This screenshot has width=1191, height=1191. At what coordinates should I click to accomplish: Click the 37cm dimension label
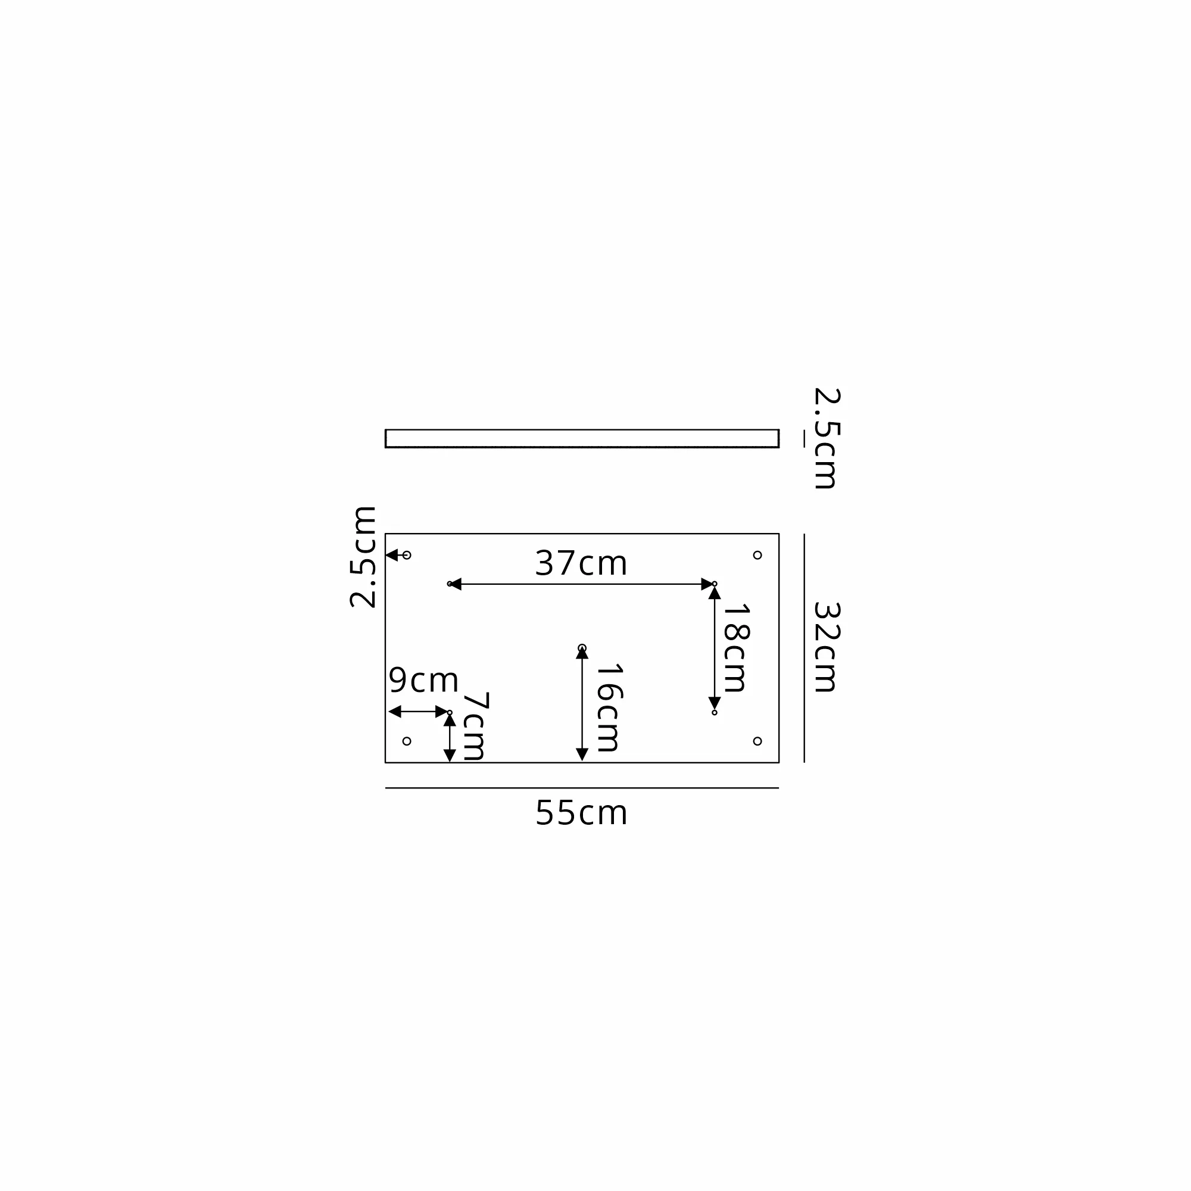click(x=581, y=563)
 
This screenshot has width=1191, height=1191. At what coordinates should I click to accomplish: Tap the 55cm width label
click(x=581, y=813)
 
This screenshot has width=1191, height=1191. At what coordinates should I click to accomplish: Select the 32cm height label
click(x=827, y=647)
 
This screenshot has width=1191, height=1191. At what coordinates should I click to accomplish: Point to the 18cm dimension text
click(x=735, y=648)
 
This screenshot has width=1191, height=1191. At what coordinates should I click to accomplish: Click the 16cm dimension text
click(x=609, y=707)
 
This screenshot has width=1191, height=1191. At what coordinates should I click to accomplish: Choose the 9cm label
click(x=423, y=680)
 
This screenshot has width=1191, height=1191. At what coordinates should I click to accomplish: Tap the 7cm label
click(x=475, y=726)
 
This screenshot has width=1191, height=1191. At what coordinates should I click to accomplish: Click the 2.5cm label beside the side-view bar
click(x=827, y=438)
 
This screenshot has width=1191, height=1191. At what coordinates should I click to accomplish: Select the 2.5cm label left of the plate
click(x=363, y=557)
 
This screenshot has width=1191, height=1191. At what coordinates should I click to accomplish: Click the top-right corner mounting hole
click(x=757, y=555)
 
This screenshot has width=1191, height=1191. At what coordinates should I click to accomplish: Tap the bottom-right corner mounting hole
click(x=757, y=741)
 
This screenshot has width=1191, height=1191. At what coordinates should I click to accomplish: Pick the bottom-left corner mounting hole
click(x=406, y=741)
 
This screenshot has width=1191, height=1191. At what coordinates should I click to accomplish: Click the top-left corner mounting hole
click(x=406, y=555)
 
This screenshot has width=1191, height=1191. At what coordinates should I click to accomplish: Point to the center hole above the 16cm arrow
click(x=582, y=648)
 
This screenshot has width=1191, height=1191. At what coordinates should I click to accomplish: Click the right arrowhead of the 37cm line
click(x=707, y=584)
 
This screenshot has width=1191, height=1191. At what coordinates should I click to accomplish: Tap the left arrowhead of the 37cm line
click(x=456, y=584)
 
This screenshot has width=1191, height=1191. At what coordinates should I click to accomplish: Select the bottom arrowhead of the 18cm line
click(x=715, y=703)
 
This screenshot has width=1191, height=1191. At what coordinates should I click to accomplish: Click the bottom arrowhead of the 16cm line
click(x=582, y=754)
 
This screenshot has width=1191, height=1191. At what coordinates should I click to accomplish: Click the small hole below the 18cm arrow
click(x=715, y=713)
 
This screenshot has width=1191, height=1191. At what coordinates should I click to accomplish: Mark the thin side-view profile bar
click(x=582, y=438)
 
